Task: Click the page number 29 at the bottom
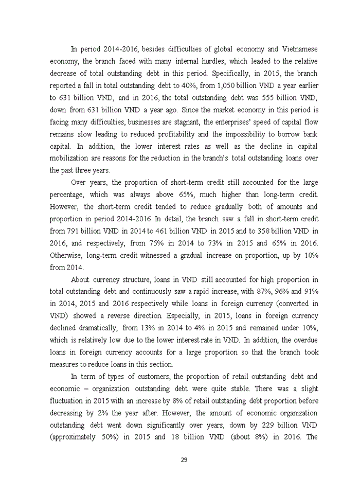[x=183, y=460]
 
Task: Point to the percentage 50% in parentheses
[x=113, y=436]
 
